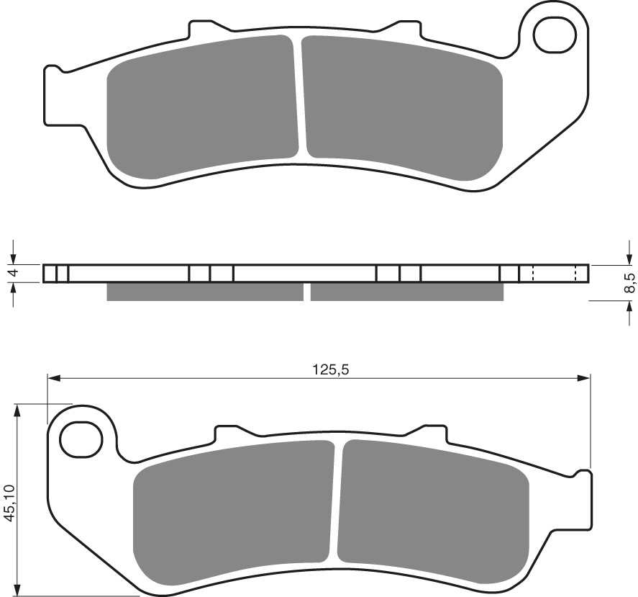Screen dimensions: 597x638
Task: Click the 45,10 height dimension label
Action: point(9,501)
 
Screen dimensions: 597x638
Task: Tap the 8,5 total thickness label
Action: point(629,282)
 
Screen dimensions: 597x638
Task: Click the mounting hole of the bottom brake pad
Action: point(79,439)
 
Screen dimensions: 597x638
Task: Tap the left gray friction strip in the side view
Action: point(204,292)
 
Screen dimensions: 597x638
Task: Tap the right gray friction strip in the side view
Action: point(406,292)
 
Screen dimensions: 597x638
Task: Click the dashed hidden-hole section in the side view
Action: point(554,274)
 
